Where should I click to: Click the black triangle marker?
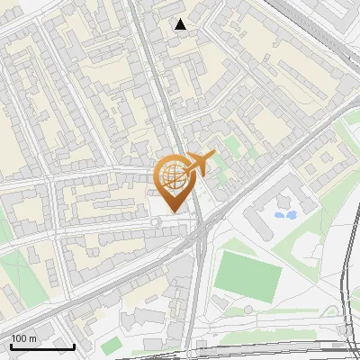[181, 24]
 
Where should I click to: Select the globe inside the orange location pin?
[172, 175]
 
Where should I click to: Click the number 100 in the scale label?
[20, 338]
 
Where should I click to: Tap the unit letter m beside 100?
[33, 338]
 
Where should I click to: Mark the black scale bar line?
[42, 346]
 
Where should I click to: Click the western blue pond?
[278, 216]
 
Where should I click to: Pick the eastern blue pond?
[291, 214]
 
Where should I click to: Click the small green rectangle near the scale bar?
[111, 345]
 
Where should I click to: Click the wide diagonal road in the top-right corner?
[315, 27]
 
